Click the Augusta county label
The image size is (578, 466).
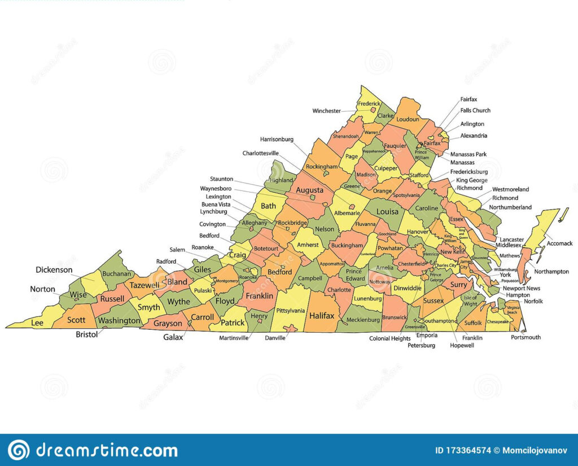pyautogui.click(x=309, y=190)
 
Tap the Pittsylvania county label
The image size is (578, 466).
pyautogui.click(x=291, y=311)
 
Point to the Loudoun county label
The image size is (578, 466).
pyautogui.click(x=408, y=119)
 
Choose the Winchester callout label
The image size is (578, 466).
pyautogui.click(x=327, y=111)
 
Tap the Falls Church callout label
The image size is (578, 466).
pyautogui.click(x=475, y=111)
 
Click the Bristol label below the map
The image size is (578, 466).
pyautogui.click(x=86, y=334)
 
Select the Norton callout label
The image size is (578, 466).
pyautogui.click(x=43, y=289)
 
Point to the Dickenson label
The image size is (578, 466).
pyautogui.click(x=54, y=270)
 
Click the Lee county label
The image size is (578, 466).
pyautogui.click(x=37, y=323)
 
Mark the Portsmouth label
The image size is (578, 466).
pyautogui.click(x=526, y=337)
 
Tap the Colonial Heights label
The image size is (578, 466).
pyautogui.click(x=389, y=338)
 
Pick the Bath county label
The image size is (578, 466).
pyautogui.click(x=268, y=206)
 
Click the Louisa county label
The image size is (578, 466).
pyautogui.click(x=387, y=212)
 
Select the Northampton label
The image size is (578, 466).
pyautogui.click(x=551, y=272)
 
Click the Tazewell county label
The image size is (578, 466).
pyautogui.click(x=144, y=285)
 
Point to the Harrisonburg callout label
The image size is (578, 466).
pyautogui.click(x=277, y=139)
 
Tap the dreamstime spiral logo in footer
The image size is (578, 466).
pyautogui.click(x=19, y=450)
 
